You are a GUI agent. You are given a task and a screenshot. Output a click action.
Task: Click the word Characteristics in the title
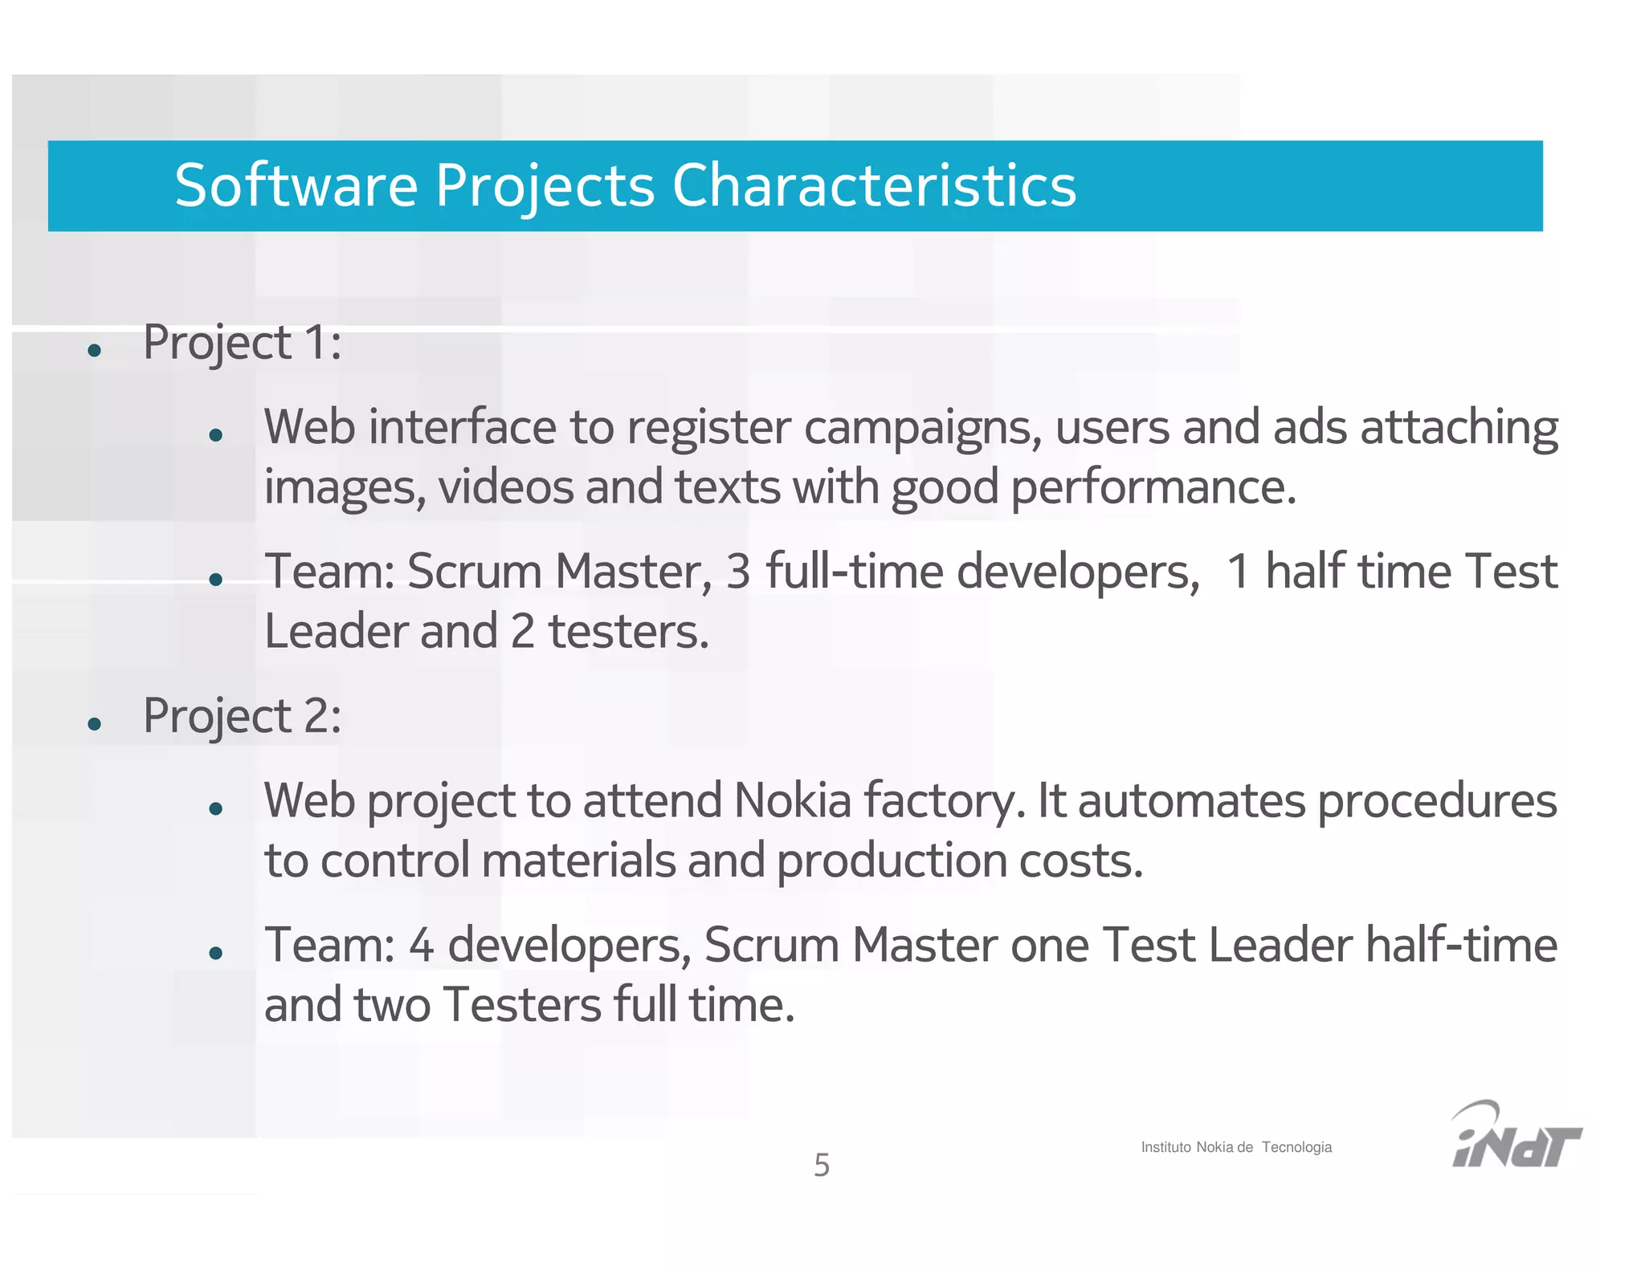click(x=874, y=185)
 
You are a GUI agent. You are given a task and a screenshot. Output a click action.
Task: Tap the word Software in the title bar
click(x=296, y=185)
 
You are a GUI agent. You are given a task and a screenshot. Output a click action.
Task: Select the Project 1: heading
click(x=242, y=343)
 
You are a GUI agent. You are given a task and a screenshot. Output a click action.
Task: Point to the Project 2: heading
click(x=242, y=716)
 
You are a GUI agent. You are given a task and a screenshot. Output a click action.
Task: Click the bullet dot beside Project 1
click(x=95, y=350)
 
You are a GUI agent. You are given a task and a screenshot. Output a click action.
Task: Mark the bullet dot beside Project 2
click(x=95, y=724)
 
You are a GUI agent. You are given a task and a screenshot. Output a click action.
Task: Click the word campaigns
click(x=922, y=428)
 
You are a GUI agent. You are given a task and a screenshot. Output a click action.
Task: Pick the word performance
click(x=1153, y=487)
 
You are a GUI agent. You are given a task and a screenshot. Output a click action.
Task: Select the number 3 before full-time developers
click(x=738, y=572)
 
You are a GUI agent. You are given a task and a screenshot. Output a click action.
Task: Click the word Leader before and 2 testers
click(x=336, y=632)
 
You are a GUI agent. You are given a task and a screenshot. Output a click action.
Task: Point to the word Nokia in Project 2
click(x=792, y=801)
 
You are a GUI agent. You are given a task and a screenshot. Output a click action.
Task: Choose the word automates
click(x=1191, y=801)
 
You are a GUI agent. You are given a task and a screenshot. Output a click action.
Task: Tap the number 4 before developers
click(x=422, y=945)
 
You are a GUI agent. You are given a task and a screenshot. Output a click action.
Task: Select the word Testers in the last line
click(x=522, y=1005)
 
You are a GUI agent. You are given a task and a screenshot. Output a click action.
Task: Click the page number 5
click(x=822, y=1165)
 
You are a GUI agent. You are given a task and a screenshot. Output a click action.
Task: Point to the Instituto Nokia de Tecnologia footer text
click(x=1235, y=1147)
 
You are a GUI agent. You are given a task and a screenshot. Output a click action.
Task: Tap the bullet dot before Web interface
click(x=215, y=435)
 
